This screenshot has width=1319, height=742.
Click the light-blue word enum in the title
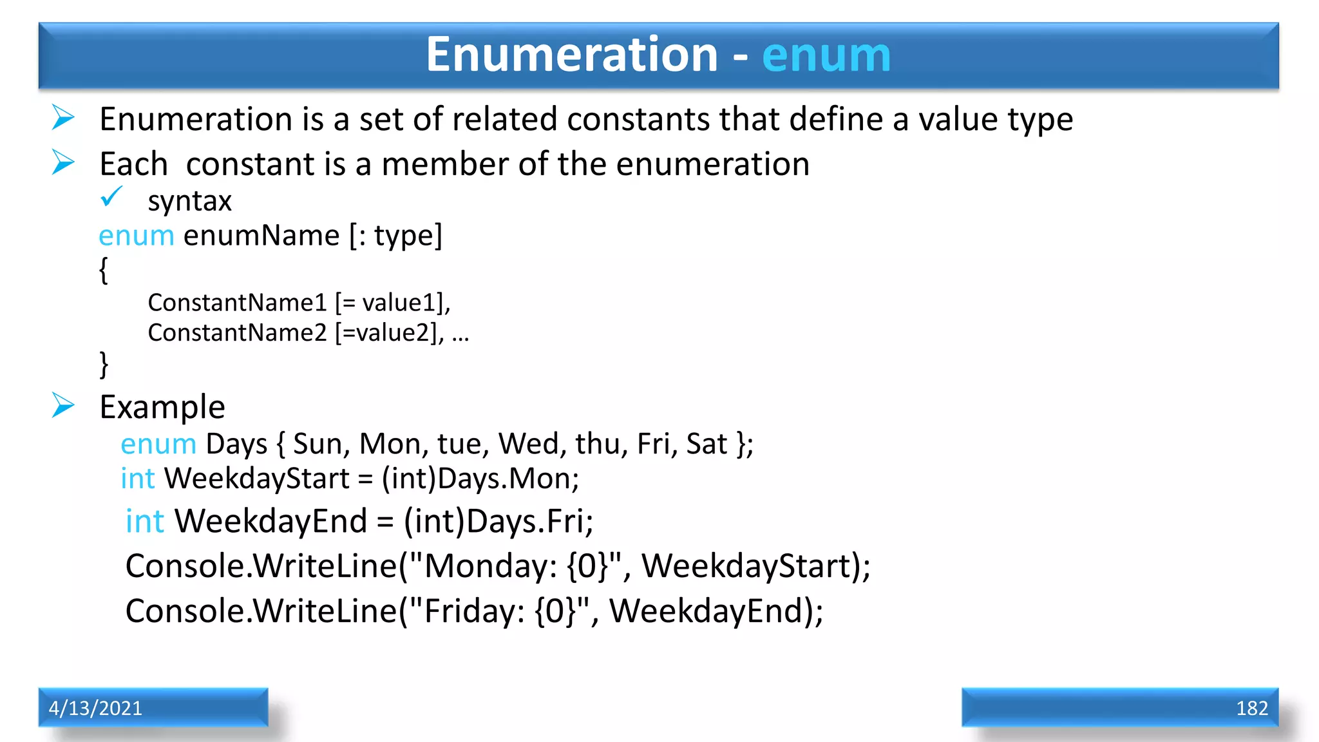826,55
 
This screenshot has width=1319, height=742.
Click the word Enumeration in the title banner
571,55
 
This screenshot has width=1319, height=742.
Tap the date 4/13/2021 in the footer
95,708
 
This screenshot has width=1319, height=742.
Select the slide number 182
1251,708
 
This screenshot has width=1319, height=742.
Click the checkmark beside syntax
111,196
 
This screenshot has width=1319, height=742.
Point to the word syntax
189,202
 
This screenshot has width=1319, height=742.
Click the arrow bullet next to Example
63,406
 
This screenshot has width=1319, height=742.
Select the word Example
162,407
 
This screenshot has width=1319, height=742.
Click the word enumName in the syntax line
261,236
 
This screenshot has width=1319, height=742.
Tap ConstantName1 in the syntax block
238,302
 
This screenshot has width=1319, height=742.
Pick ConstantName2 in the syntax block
238,333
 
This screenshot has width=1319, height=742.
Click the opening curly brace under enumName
103,270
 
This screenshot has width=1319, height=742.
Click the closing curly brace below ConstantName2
103,364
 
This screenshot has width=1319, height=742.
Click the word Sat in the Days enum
707,444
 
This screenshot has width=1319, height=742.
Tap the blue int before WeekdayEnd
145,521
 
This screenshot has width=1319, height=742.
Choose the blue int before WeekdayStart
138,479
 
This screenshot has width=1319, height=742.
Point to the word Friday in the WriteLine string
474,611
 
